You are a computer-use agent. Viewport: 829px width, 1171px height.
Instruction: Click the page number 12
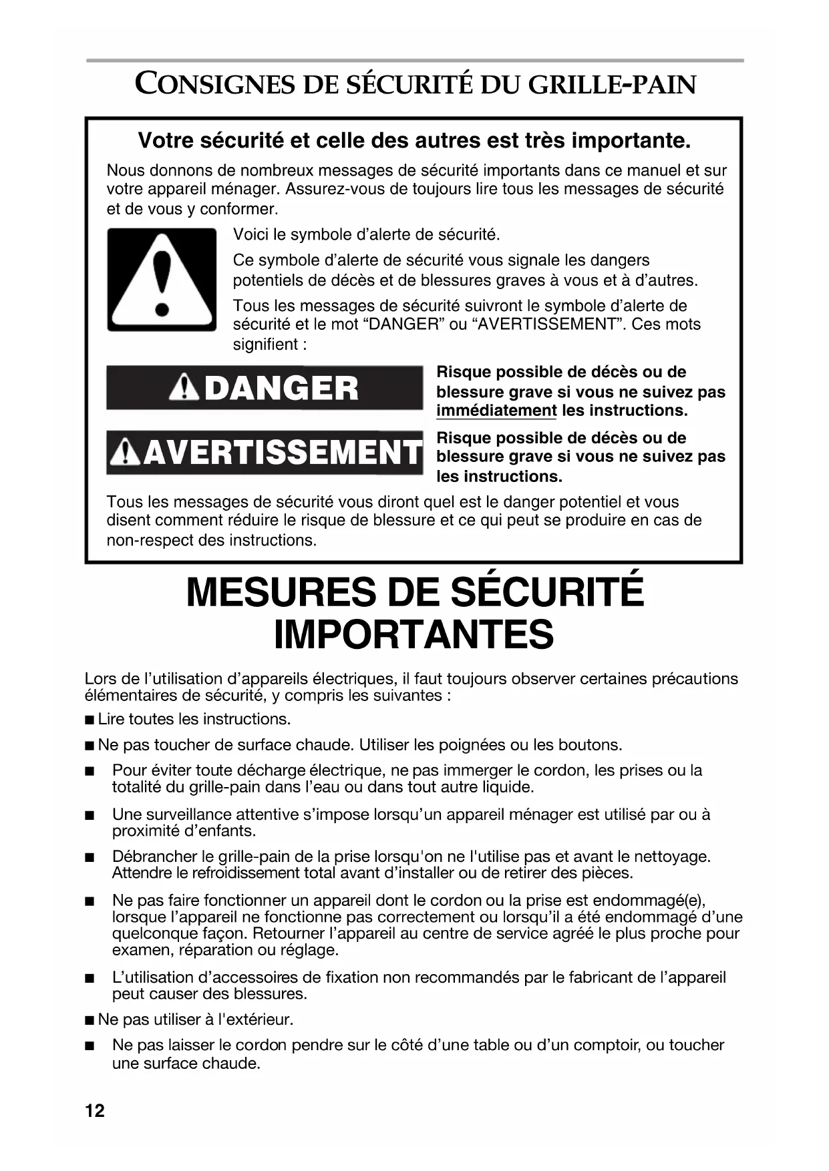coord(95,1110)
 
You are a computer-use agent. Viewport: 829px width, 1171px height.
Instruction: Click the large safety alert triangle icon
coord(162,280)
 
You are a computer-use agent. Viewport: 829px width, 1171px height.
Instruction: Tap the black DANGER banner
coord(265,388)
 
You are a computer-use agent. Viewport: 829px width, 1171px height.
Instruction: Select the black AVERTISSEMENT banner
coord(265,453)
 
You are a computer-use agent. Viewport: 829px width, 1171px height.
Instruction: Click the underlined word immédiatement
coord(496,411)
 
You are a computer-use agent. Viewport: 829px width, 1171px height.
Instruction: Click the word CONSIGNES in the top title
coord(215,85)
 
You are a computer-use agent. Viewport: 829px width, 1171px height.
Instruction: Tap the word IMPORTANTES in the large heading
coord(413,634)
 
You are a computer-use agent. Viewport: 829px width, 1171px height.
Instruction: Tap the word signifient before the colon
coord(265,344)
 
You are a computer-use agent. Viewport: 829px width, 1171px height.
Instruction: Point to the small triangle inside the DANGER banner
coord(184,389)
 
